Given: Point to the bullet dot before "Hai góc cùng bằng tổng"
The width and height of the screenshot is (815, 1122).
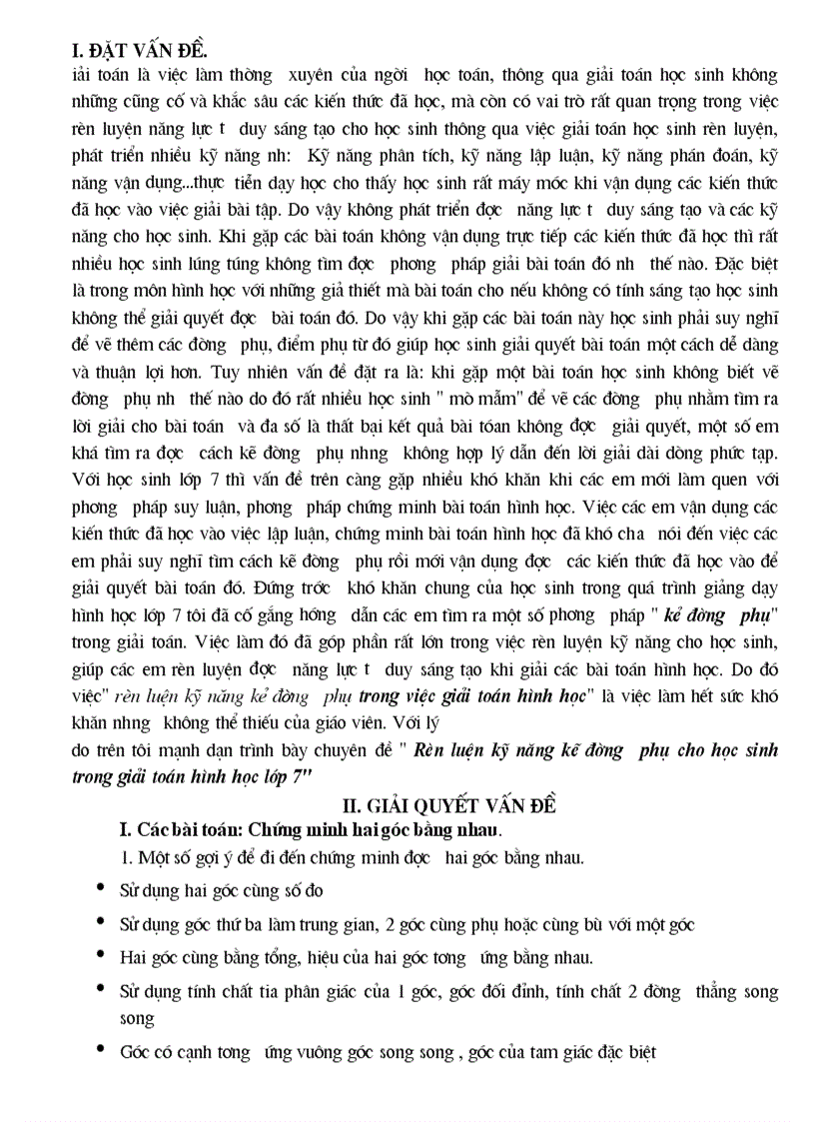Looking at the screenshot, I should (100, 954).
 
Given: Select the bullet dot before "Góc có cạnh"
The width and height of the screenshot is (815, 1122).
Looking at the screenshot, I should (100, 1051).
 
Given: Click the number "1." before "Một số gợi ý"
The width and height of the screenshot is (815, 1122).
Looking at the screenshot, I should (126, 856).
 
